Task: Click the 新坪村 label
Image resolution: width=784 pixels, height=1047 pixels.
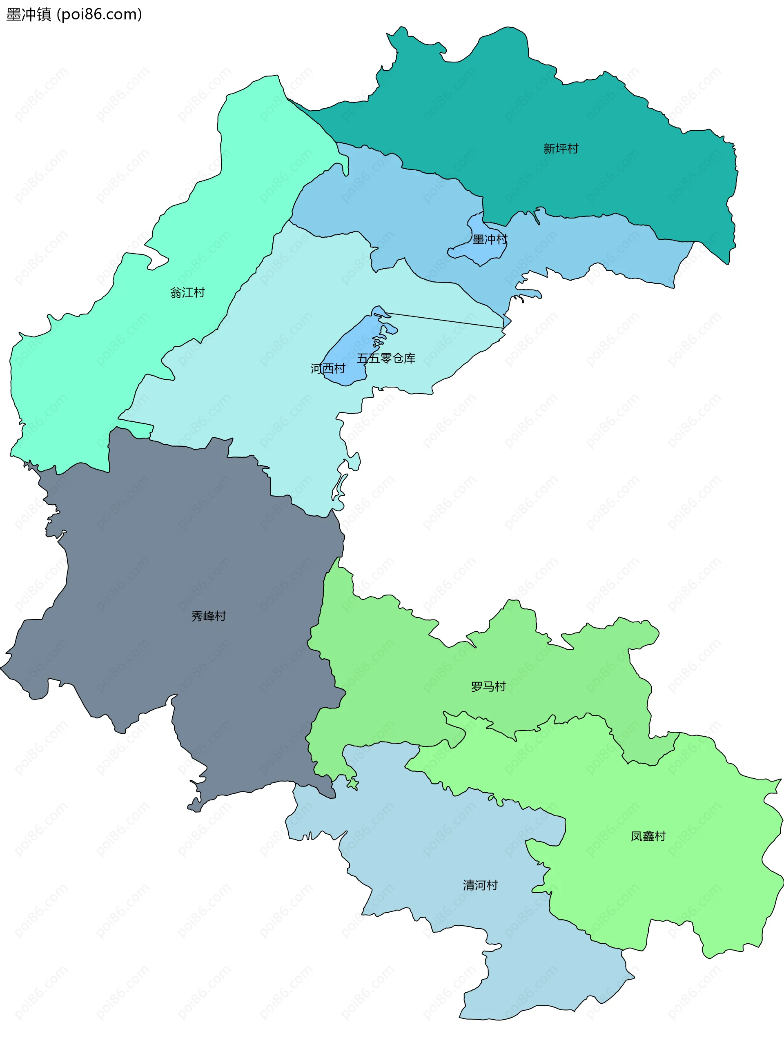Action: [x=561, y=149]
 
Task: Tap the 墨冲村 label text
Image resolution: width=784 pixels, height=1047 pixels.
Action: [x=490, y=240]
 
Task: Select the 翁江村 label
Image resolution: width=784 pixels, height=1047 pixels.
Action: [x=187, y=292]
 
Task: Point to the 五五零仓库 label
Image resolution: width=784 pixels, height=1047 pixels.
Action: [x=386, y=358]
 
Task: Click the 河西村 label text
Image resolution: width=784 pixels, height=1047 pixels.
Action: [x=327, y=368]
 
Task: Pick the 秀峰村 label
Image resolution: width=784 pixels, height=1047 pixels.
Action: [x=208, y=616]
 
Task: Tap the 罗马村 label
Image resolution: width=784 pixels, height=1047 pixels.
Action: [x=488, y=686]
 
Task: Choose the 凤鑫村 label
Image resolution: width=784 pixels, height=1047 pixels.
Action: [x=648, y=836]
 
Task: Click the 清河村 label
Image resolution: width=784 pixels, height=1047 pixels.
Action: [x=480, y=885]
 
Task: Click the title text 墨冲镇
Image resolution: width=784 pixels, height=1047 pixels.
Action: [x=29, y=15]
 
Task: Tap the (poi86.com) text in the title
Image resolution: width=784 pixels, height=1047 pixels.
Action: [x=99, y=15]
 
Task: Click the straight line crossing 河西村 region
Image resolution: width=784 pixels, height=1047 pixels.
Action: [x=445, y=320]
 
